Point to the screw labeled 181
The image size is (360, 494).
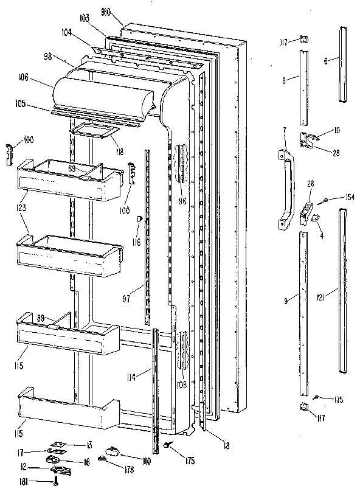57,482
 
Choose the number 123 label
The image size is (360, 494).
22,207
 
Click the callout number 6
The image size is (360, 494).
326,61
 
